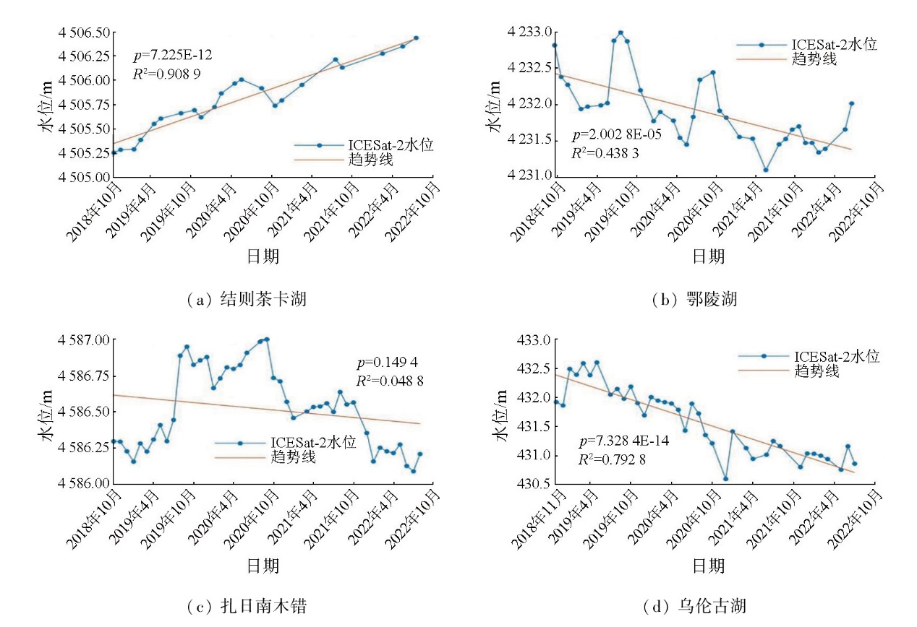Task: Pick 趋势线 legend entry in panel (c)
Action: (294, 457)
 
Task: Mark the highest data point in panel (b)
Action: (620, 33)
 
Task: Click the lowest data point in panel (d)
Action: (725, 479)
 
